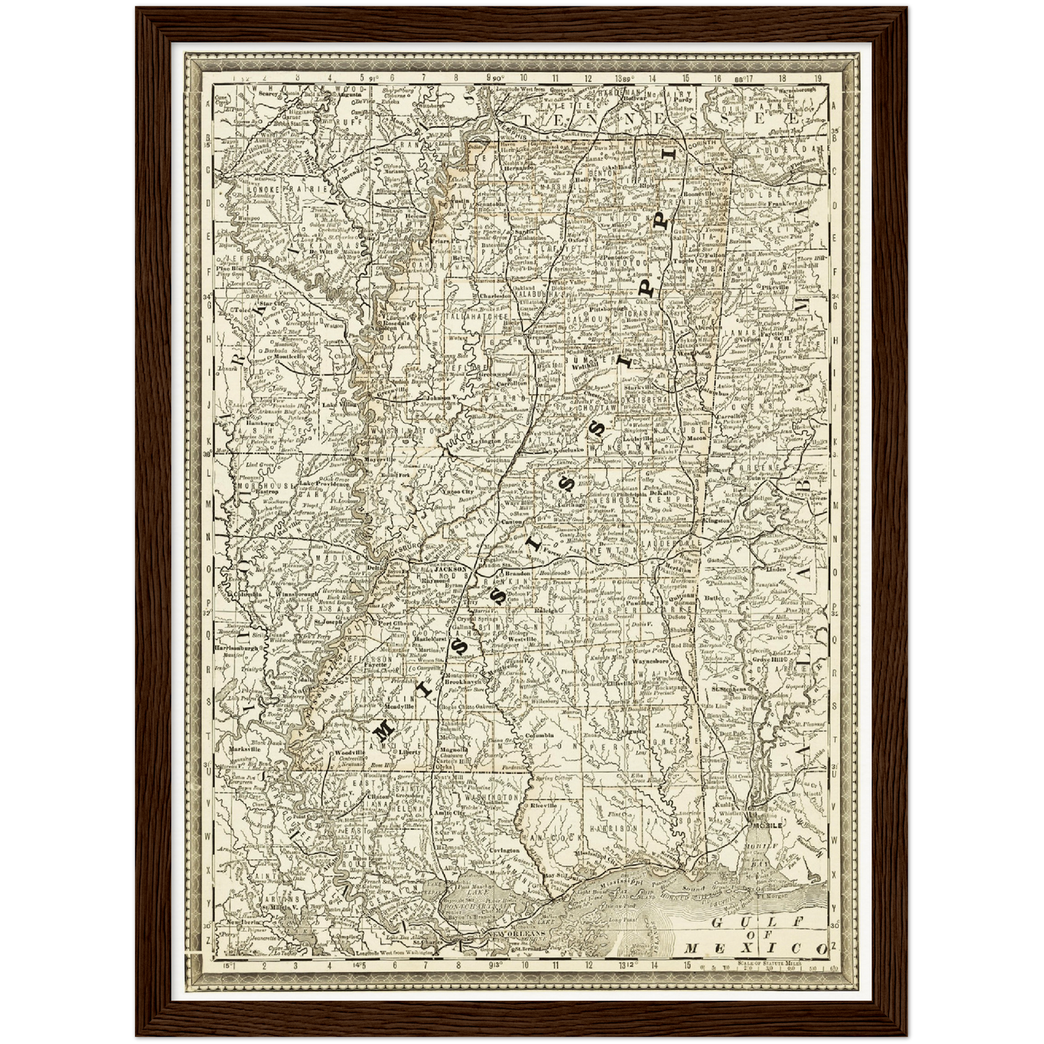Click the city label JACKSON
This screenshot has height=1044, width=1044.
[x=452, y=569]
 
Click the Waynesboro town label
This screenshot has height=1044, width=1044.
[x=652, y=660]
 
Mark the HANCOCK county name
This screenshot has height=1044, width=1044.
[x=547, y=837]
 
